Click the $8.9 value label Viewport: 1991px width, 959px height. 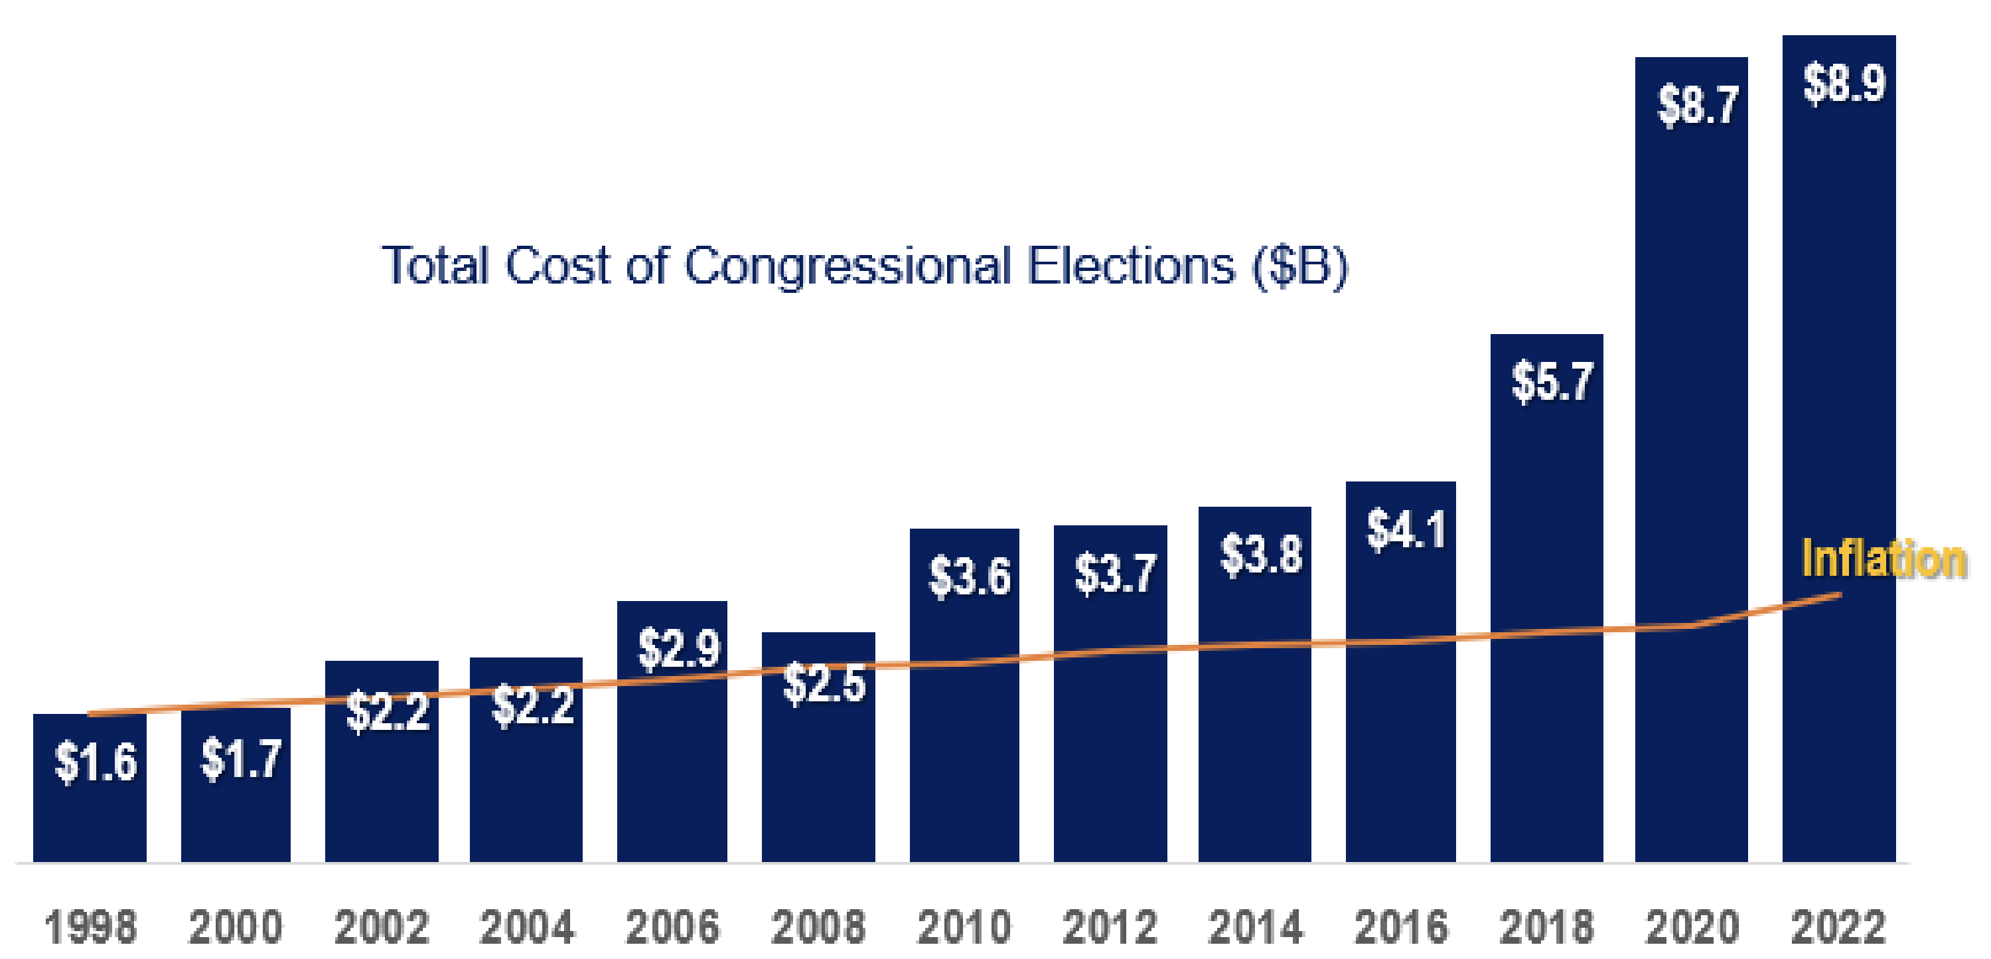pos(1844,84)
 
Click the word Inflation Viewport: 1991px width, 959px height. pos(1883,559)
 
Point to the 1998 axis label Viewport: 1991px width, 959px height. pos(90,926)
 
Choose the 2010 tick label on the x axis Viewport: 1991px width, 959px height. pos(964,926)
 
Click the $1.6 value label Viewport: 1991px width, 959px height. pos(95,762)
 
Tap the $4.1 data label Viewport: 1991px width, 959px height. pos(1406,531)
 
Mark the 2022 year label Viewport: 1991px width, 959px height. pos(1838,926)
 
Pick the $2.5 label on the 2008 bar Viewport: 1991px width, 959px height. pos(823,683)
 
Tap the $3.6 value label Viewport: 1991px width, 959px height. pos(969,577)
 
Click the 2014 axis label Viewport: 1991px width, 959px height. pos(1255,926)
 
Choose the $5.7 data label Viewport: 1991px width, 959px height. pos(1552,382)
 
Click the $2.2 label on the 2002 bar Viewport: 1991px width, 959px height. pos(386,711)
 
